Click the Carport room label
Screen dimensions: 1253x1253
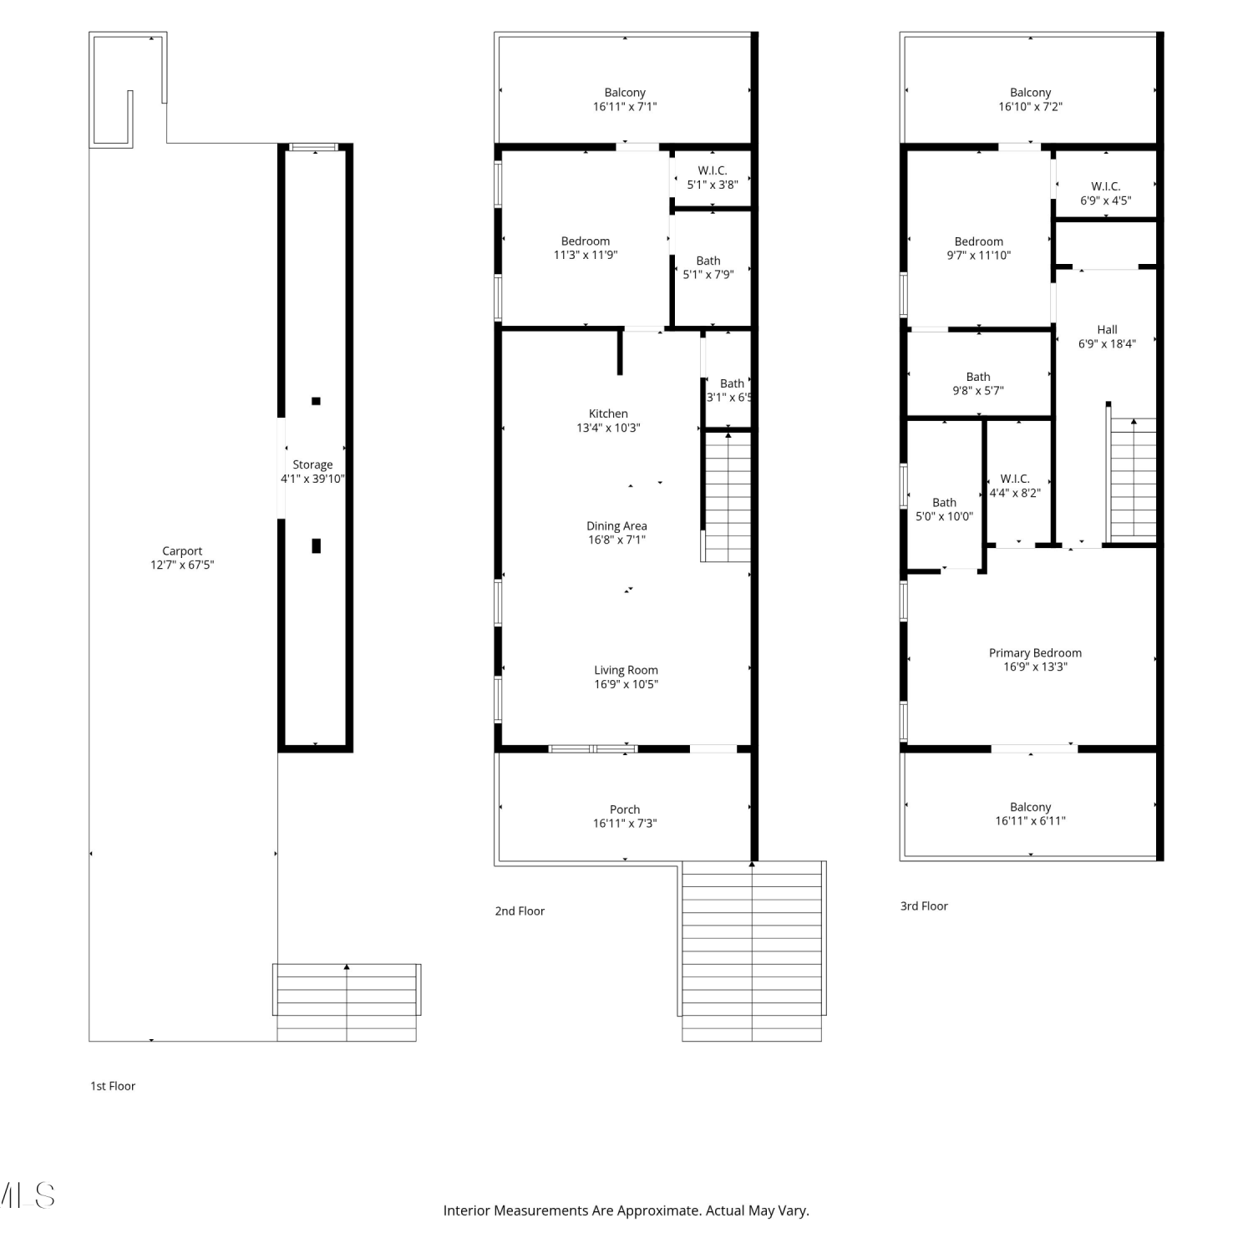[182, 551]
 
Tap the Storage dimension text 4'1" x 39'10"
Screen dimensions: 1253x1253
[312, 479]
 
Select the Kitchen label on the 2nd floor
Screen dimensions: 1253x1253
[608, 413]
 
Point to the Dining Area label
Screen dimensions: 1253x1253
[616, 526]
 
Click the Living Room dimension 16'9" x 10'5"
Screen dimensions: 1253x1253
[626, 684]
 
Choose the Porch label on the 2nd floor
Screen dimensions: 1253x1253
[625, 809]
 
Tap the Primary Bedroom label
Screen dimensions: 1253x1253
[1035, 653]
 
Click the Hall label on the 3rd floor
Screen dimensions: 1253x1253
[1108, 330]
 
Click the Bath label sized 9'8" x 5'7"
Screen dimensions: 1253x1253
[978, 377]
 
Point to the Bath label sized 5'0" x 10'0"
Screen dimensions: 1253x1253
[945, 503]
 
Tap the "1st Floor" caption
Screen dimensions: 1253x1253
[113, 1086]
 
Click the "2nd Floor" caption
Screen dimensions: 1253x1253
[520, 911]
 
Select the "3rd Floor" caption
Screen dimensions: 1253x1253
[924, 906]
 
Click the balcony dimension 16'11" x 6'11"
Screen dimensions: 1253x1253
[1031, 821]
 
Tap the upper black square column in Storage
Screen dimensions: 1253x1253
[316, 401]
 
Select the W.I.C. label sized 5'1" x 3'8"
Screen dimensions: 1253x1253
[713, 170]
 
